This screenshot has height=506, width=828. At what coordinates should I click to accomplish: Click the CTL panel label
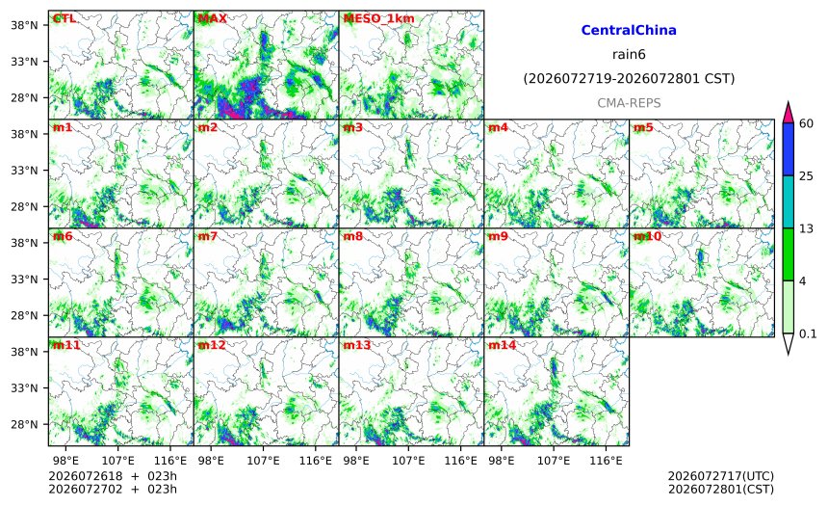click(x=64, y=18)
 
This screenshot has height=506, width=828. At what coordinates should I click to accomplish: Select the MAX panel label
click(x=212, y=18)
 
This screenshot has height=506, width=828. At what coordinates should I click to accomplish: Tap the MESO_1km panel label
click(x=378, y=19)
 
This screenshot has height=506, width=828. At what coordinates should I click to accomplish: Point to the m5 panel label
click(x=643, y=127)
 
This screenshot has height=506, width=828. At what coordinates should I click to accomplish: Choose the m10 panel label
click(x=647, y=236)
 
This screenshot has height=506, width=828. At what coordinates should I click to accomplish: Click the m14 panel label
click(x=502, y=345)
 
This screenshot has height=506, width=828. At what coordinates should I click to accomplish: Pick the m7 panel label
click(x=208, y=236)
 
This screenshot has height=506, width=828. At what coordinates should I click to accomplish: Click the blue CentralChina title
click(x=629, y=30)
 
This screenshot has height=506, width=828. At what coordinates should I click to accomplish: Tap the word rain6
click(x=629, y=55)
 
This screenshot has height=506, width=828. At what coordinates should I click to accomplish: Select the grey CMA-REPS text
click(x=629, y=103)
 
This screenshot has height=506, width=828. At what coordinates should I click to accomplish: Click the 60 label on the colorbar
click(x=806, y=123)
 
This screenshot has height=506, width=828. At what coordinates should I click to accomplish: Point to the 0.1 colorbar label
click(x=808, y=333)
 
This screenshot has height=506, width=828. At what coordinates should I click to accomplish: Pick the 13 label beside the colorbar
click(x=806, y=228)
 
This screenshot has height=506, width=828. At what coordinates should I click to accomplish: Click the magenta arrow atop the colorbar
click(x=788, y=113)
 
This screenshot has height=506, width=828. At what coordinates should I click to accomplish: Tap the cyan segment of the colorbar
click(x=788, y=202)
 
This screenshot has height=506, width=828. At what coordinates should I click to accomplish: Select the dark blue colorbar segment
click(x=788, y=149)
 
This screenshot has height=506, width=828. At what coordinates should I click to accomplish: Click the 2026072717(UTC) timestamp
click(x=721, y=477)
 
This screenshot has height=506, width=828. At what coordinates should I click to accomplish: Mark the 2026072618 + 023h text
click(x=113, y=476)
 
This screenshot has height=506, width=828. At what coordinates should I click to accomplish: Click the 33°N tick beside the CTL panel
click(x=24, y=62)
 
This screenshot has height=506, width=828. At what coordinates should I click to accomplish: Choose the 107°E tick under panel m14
click(x=554, y=461)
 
